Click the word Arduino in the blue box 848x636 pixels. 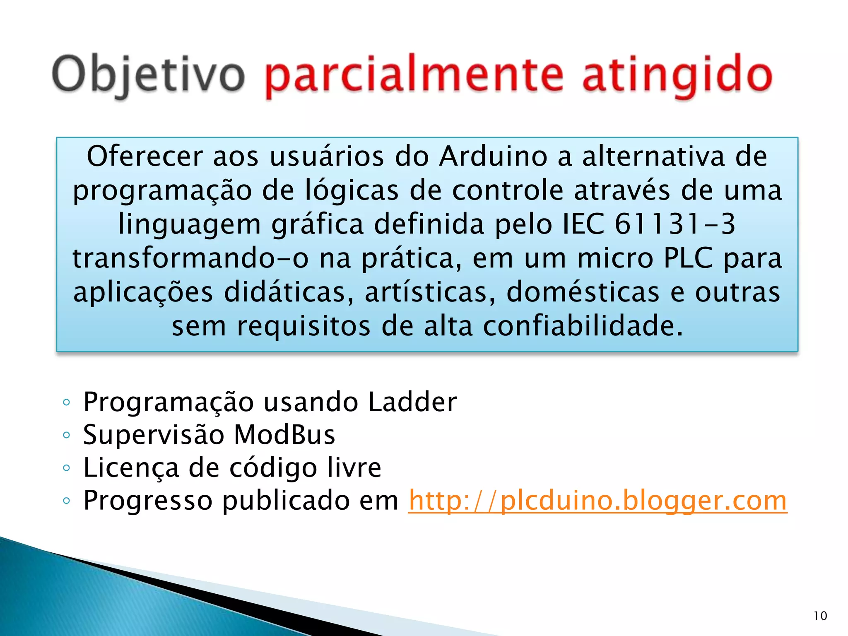[493, 157]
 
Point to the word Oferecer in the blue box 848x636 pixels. [145, 157]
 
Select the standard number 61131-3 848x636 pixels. [675, 224]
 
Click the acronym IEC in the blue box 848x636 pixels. [583, 224]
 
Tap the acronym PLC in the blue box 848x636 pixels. [688, 258]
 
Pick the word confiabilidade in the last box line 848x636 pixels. [583, 326]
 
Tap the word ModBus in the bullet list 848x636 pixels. [284, 435]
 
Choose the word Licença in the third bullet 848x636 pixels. [131, 467]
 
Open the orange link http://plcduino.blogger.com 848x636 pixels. [597, 501]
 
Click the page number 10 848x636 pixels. [820, 616]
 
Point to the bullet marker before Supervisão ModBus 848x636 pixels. [66, 435]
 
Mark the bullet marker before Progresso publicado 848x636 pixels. [66, 501]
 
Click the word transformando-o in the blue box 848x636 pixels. [190, 258]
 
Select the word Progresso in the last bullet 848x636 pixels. [148, 501]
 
